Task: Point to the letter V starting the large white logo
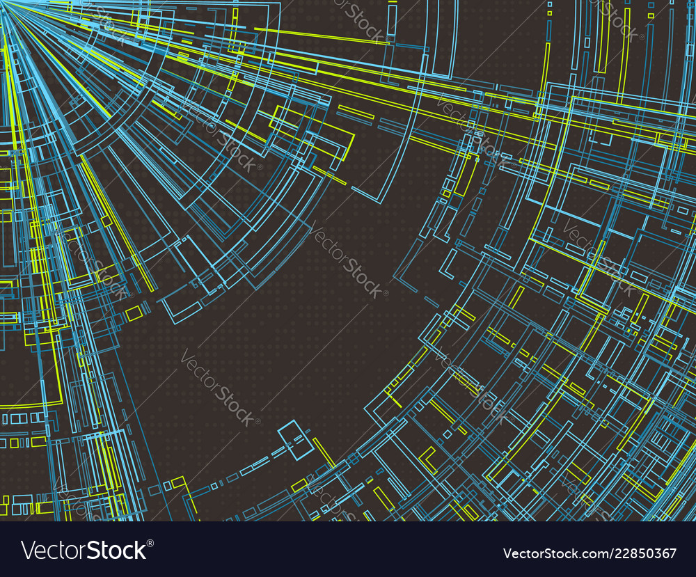pyautogui.click(x=27, y=550)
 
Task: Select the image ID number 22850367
pyautogui.click(x=643, y=554)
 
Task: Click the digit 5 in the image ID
pyautogui.click(x=641, y=554)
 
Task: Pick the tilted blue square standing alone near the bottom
pyautogui.click(x=296, y=439)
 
